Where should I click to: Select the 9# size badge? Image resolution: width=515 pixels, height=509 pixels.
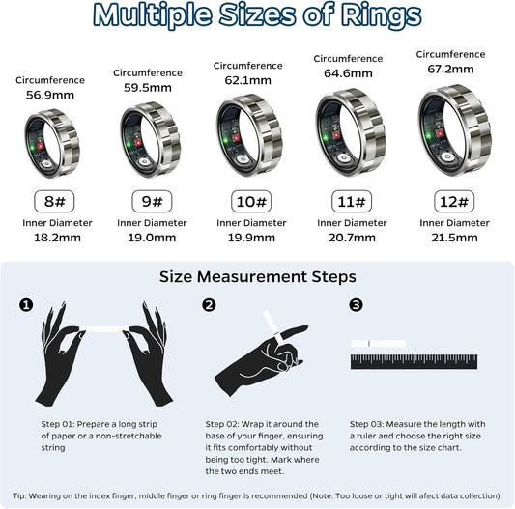151,202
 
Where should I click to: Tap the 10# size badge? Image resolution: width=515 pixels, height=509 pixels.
251,202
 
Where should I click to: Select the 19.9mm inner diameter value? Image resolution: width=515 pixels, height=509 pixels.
251,238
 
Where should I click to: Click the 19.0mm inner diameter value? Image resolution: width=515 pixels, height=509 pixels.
151,238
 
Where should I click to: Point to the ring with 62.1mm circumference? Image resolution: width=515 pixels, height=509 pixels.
251,137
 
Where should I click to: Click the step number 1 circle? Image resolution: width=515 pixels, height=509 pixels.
27,305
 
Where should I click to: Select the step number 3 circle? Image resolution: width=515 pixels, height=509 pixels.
357,305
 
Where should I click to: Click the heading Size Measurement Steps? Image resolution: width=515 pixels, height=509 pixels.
257,277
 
